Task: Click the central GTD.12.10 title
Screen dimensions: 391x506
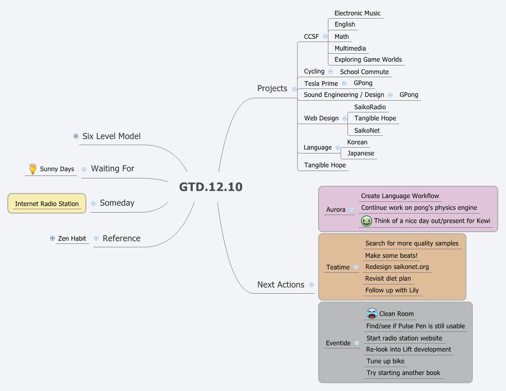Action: click(x=210, y=187)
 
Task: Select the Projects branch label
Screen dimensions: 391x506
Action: click(x=272, y=88)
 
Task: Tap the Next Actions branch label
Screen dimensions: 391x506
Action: click(x=281, y=284)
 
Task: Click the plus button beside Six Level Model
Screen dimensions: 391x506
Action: click(x=76, y=136)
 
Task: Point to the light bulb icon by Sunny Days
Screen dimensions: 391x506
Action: click(x=33, y=169)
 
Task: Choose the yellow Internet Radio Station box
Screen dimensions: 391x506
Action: click(x=47, y=204)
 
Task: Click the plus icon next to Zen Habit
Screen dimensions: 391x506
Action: click(x=52, y=239)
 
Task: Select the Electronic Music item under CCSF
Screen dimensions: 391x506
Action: click(x=357, y=13)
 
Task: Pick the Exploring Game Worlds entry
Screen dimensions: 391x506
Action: click(x=368, y=60)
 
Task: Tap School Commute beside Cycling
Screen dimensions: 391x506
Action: click(x=364, y=72)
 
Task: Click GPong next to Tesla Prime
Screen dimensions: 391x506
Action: click(x=363, y=83)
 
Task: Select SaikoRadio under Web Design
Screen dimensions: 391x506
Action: click(x=370, y=107)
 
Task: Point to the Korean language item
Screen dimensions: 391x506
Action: click(x=357, y=142)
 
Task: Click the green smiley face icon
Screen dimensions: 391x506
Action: click(x=366, y=221)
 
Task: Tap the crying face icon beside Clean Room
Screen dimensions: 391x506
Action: click(x=372, y=313)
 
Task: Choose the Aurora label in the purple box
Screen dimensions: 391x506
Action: click(x=336, y=210)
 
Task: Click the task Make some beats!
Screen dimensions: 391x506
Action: click(x=391, y=256)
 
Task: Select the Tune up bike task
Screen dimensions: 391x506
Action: click(x=385, y=361)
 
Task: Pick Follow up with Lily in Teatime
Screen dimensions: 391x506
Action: click(x=392, y=290)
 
